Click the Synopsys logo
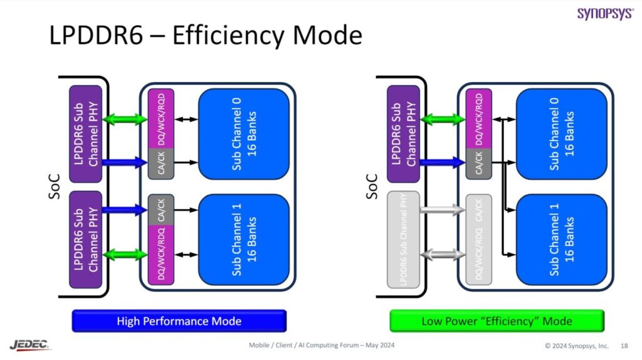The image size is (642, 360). click(x=605, y=13)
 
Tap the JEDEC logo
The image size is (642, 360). click(x=30, y=344)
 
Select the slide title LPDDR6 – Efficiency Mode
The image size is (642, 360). click(x=206, y=36)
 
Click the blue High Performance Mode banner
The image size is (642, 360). click(x=179, y=321)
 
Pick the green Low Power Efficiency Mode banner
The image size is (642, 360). click(x=497, y=321)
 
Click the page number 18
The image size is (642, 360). click(x=624, y=346)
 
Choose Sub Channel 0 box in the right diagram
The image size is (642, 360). click(x=561, y=134)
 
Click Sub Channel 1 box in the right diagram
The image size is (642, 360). click(x=561, y=239)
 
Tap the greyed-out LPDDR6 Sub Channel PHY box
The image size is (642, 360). click(x=403, y=239)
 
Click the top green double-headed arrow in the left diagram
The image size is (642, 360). click(x=125, y=119)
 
